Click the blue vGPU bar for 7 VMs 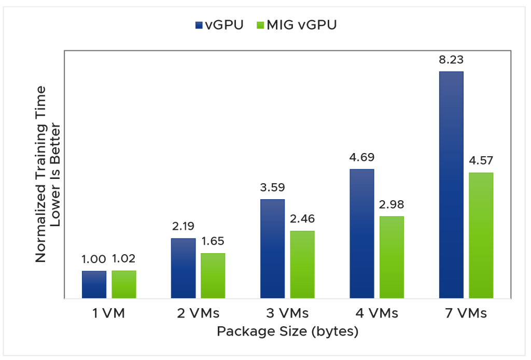tap(451, 185)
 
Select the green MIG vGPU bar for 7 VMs tap(481, 236)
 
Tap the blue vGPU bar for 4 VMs tap(361, 233)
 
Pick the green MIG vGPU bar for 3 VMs tap(302, 265)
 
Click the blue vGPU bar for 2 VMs tap(183, 268)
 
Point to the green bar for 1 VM tap(124, 284)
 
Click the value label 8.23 tap(451, 60)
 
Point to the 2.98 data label tap(392, 204)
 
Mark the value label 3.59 tap(272, 188)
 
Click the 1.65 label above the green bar tap(213, 242)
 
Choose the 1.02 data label tap(124, 259)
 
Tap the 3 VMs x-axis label tap(287, 313)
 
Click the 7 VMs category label tap(466, 313)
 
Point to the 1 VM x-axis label tap(109, 313)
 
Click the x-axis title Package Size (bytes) tap(287, 331)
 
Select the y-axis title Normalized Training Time tap(40, 174)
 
